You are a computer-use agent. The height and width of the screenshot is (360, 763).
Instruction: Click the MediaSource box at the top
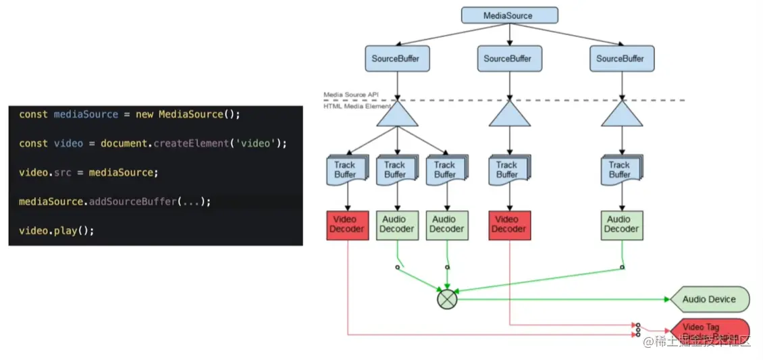coord(509,16)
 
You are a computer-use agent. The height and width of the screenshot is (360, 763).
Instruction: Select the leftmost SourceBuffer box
coord(396,59)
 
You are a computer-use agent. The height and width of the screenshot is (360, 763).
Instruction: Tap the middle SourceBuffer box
coord(508,59)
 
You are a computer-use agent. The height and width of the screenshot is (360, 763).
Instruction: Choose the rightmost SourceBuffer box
coord(621,59)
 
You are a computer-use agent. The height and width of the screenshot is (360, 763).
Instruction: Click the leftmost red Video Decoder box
coord(348,225)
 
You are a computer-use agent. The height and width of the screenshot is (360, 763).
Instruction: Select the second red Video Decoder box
coord(509,225)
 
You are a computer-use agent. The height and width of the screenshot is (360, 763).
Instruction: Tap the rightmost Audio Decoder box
coord(621,225)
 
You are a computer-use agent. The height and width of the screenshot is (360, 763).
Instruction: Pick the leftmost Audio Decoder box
coord(397,225)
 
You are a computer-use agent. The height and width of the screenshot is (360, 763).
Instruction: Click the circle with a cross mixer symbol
coord(446,299)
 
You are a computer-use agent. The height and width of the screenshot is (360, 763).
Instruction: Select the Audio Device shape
coord(708,299)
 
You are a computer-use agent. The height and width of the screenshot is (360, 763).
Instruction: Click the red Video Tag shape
coord(708,330)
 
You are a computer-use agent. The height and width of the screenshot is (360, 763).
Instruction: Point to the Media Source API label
coord(350,95)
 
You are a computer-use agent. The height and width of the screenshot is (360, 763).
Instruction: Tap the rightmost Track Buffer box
coord(620,170)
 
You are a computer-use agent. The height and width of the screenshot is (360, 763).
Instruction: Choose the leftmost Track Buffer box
coord(346,170)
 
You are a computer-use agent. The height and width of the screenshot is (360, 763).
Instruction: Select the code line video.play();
coord(56,230)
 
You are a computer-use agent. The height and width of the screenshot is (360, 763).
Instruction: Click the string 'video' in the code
coord(261,143)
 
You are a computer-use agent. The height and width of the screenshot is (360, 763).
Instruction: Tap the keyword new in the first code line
coord(144,114)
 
